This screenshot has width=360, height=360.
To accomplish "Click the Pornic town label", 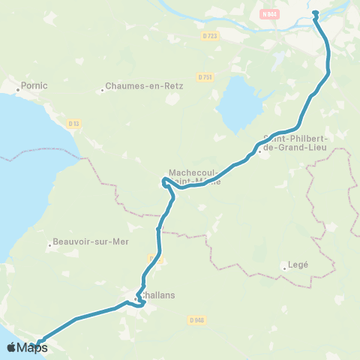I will click(34, 85).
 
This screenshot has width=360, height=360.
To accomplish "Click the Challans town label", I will click(158, 295).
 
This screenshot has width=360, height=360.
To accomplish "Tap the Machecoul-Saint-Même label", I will click(195, 175).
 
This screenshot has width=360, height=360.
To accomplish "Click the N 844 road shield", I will click(270, 13).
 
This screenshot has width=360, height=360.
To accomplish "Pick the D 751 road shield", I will click(205, 76).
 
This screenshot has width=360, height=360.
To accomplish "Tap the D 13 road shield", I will click(73, 124).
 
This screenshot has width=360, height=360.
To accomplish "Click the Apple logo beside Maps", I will click(11, 347).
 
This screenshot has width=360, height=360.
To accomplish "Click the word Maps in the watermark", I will click(31, 348).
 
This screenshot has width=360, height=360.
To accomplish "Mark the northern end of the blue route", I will click(315, 12).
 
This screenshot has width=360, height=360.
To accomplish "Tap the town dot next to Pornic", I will click(18, 89).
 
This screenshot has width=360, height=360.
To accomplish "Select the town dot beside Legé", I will click(284, 268).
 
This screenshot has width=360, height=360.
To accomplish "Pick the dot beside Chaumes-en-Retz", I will click(102, 91).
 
